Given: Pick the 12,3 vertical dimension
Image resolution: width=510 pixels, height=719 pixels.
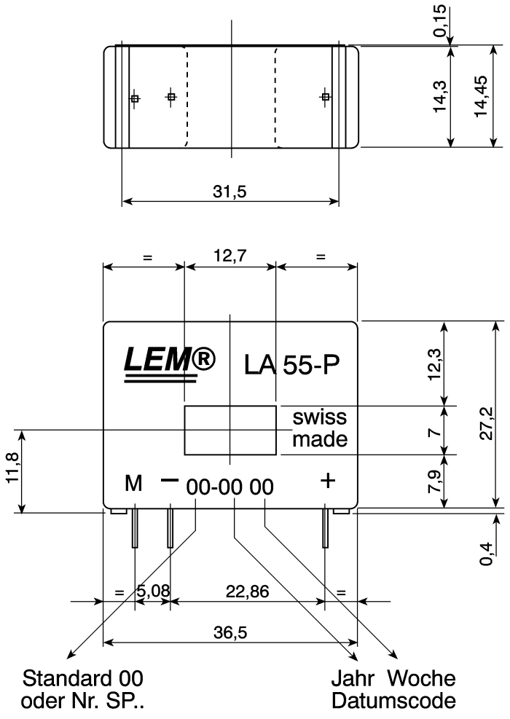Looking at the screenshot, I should (x=434, y=364).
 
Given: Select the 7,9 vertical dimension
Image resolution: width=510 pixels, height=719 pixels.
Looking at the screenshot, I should (x=434, y=481).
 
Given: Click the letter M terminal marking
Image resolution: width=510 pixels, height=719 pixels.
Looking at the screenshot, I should (x=133, y=483).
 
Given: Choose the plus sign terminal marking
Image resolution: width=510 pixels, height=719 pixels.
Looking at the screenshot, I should (x=329, y=480).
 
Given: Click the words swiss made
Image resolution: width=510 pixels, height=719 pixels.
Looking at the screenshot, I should (x=319, y=429).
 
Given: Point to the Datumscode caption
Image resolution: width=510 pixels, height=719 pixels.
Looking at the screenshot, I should (x=393, y=701).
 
